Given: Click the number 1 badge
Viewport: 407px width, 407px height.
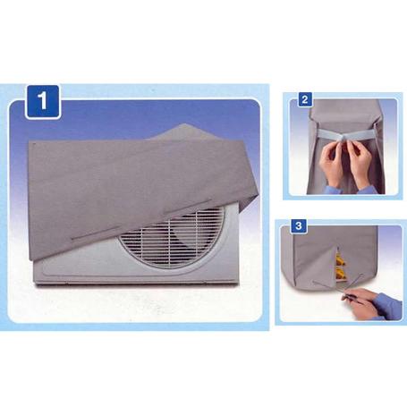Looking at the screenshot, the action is coord(43,101).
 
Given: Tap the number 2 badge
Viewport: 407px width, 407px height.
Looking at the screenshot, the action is coord(305,99).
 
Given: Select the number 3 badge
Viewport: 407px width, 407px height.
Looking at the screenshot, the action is coord(299,225).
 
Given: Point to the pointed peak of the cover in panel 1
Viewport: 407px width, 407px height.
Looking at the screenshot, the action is coord(185,124).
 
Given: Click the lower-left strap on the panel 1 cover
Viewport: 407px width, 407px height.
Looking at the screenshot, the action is coord(96,233).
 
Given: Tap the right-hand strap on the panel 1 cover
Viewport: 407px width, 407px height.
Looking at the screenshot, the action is coord(187,206).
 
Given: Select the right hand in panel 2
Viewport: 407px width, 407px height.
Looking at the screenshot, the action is coord(360,163).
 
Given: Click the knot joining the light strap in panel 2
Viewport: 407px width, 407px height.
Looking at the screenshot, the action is coord(345,138).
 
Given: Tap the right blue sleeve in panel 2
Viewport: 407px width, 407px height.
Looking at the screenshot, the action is coord(368,190).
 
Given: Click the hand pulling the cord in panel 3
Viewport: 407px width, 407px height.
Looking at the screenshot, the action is coord(360,301).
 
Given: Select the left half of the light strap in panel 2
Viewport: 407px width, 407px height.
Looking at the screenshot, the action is coord(328,134).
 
